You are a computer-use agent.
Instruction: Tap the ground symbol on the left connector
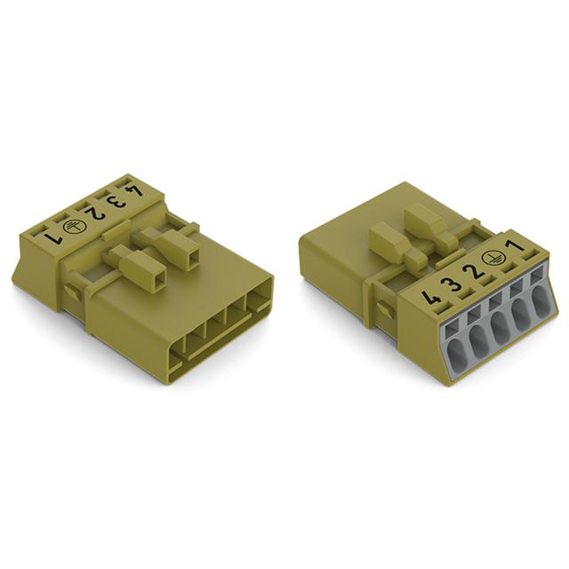coord(71,226)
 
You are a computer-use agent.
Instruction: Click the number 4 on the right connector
coord(431,299)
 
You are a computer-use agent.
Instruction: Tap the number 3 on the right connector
coord(453,284)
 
